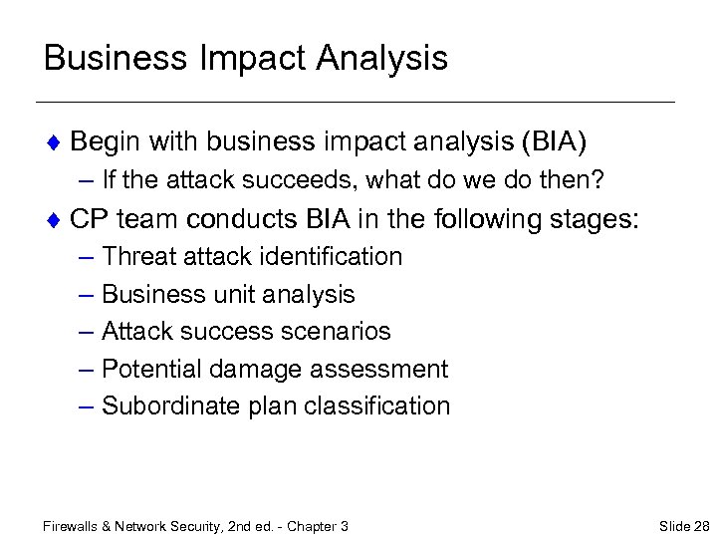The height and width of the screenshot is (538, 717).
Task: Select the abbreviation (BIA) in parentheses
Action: pyautogui.click(x=554, y=142)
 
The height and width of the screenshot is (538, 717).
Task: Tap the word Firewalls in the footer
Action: pyautogui.click(x=74, y=525)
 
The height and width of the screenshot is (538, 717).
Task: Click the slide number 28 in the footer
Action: pyautogui.click(x=702, y=525)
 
